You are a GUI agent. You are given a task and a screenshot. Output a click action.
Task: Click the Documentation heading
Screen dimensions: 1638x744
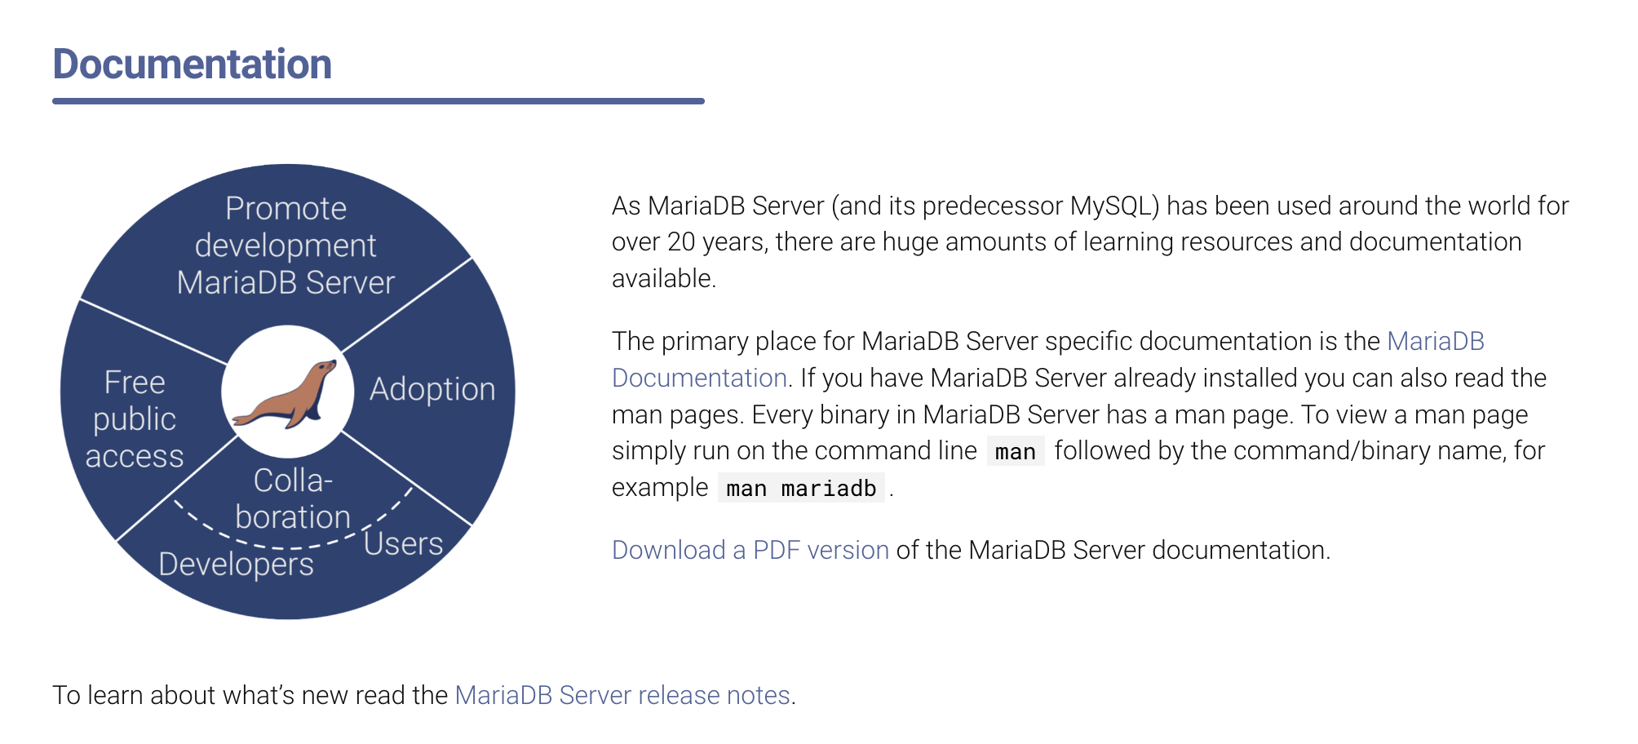(193, 64)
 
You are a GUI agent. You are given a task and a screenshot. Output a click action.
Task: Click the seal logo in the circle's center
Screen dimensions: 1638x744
(285, 394)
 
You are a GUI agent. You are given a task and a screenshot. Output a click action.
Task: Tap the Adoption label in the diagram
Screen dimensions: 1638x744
(432, 390)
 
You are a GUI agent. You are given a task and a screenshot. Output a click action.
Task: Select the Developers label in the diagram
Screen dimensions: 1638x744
(236, 565)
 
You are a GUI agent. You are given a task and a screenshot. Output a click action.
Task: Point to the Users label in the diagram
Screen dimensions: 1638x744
(403, 543)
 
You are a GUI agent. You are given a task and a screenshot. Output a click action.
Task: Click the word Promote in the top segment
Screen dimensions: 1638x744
(286, 209)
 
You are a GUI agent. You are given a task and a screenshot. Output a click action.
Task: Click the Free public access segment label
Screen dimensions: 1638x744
(135, 419)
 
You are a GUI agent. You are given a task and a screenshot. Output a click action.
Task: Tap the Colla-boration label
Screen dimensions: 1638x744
(293, 499)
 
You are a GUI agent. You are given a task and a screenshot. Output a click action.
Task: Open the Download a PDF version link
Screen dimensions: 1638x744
(750, 551)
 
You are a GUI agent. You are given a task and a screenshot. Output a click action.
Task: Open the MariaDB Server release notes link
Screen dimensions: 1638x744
(622, 695)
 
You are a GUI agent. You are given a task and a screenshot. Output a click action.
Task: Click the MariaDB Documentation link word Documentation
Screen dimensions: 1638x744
(699, 379)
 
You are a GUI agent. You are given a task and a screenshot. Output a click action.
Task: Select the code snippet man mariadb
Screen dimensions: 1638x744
(801, 489)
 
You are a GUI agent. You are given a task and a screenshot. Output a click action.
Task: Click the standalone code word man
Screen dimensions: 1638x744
(1016, 452)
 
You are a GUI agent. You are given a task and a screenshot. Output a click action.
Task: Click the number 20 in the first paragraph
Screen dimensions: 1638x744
(681, 242)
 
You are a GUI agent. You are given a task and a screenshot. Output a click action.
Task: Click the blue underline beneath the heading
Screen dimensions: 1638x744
(379, 101)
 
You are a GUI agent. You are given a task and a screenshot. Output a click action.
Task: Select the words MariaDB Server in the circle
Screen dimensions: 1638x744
(286, 283)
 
